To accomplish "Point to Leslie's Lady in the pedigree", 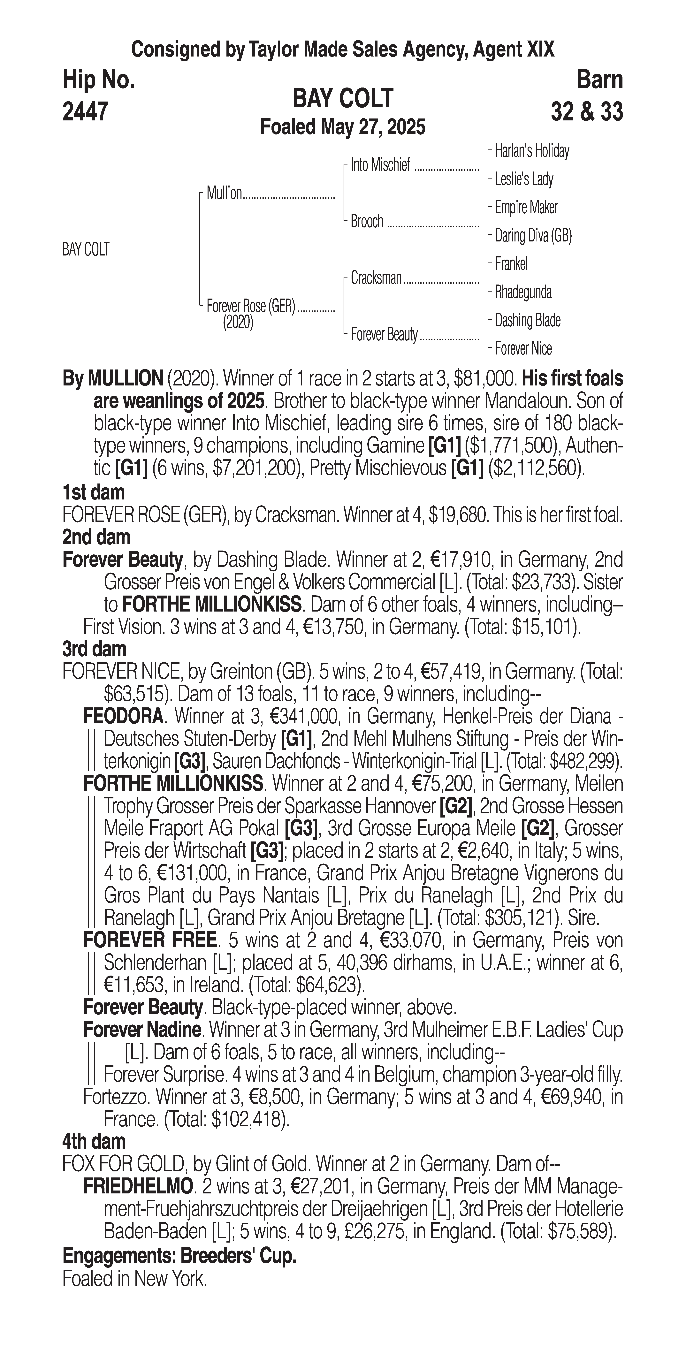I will point(524,179).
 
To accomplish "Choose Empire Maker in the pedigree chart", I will point(526,207).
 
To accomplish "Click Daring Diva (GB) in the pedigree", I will point(533,236).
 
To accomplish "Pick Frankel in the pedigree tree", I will point(511,264).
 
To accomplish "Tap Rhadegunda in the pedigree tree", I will point(523,292).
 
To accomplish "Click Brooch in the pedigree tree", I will point(367,221).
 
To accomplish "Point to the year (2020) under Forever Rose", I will point(238,322).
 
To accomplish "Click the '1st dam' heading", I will point(94,492).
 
